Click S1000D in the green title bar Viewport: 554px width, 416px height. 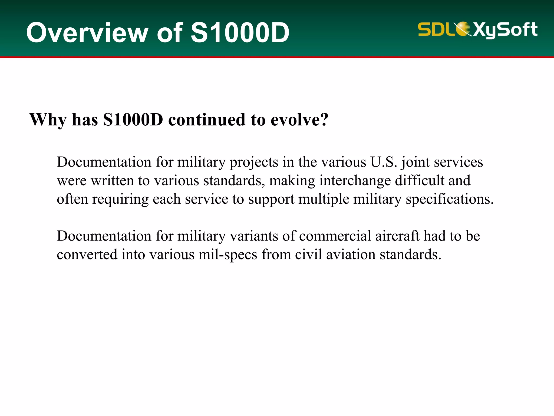coord(240,33)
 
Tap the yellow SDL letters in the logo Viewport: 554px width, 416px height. coord(436,29)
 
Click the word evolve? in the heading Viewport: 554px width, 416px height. coord(299,120)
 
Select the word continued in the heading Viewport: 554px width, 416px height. coord(207,120)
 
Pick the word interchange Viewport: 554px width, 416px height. coord(355,181)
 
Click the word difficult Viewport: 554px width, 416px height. coord(420,180)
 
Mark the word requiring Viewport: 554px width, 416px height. coord(120,200)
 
